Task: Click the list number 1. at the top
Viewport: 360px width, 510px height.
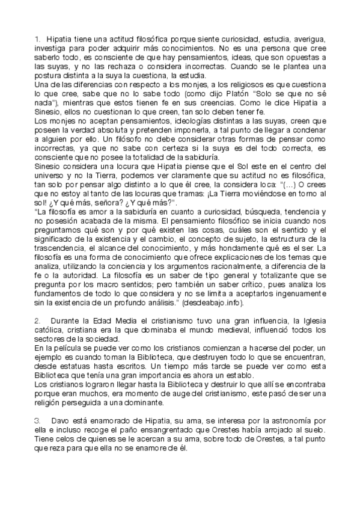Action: [x=37, y=37]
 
